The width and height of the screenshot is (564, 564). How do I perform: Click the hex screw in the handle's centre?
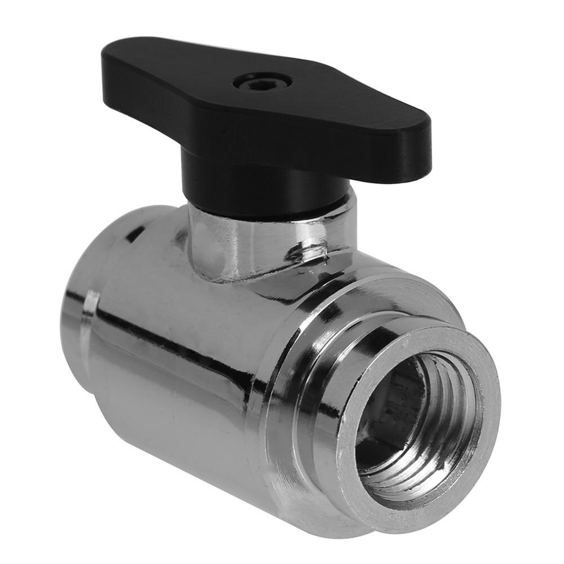(x=262, y=82)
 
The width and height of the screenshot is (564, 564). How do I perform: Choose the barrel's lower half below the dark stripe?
(x=186, y=428)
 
